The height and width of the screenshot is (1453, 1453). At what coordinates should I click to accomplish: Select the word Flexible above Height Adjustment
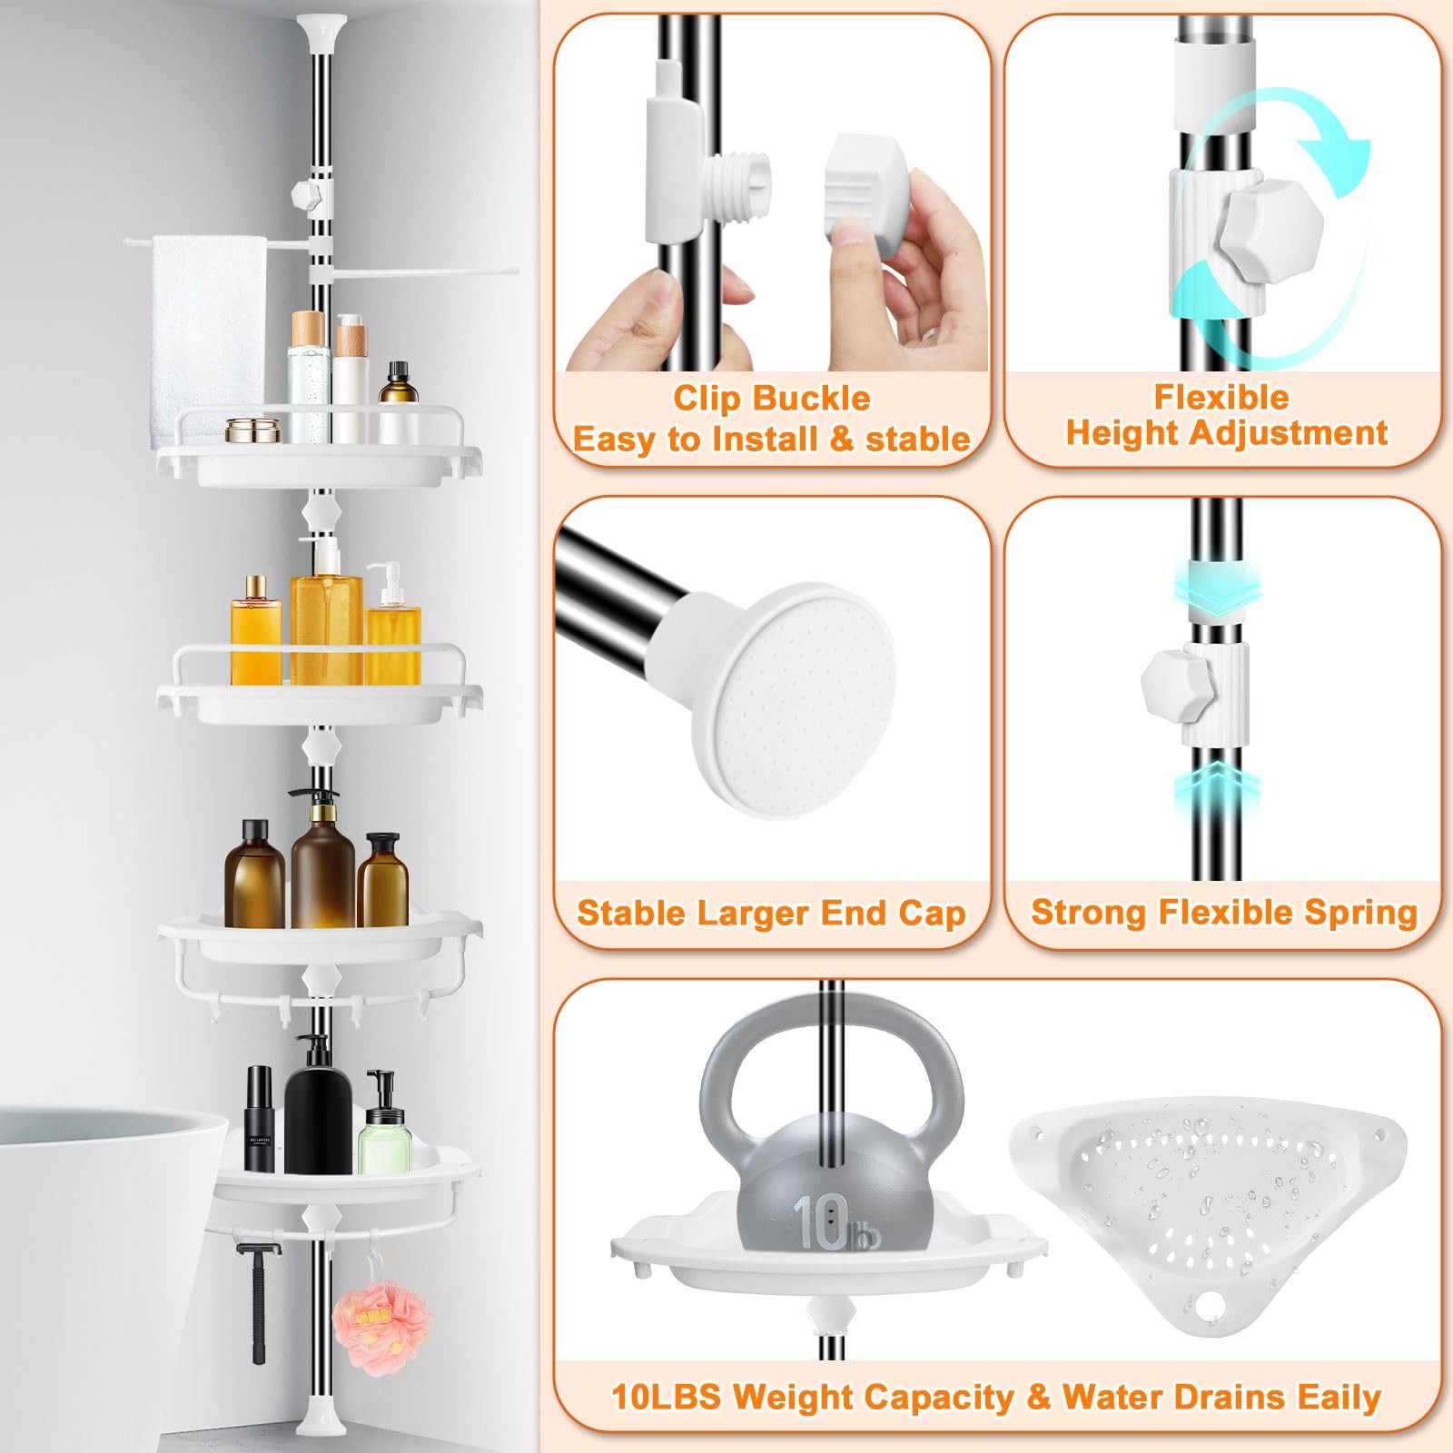(1221, 397)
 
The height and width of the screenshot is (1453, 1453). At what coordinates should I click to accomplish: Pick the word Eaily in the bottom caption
(1339, 1397)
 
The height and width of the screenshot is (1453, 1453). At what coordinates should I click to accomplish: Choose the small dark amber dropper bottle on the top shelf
(398, 401)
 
